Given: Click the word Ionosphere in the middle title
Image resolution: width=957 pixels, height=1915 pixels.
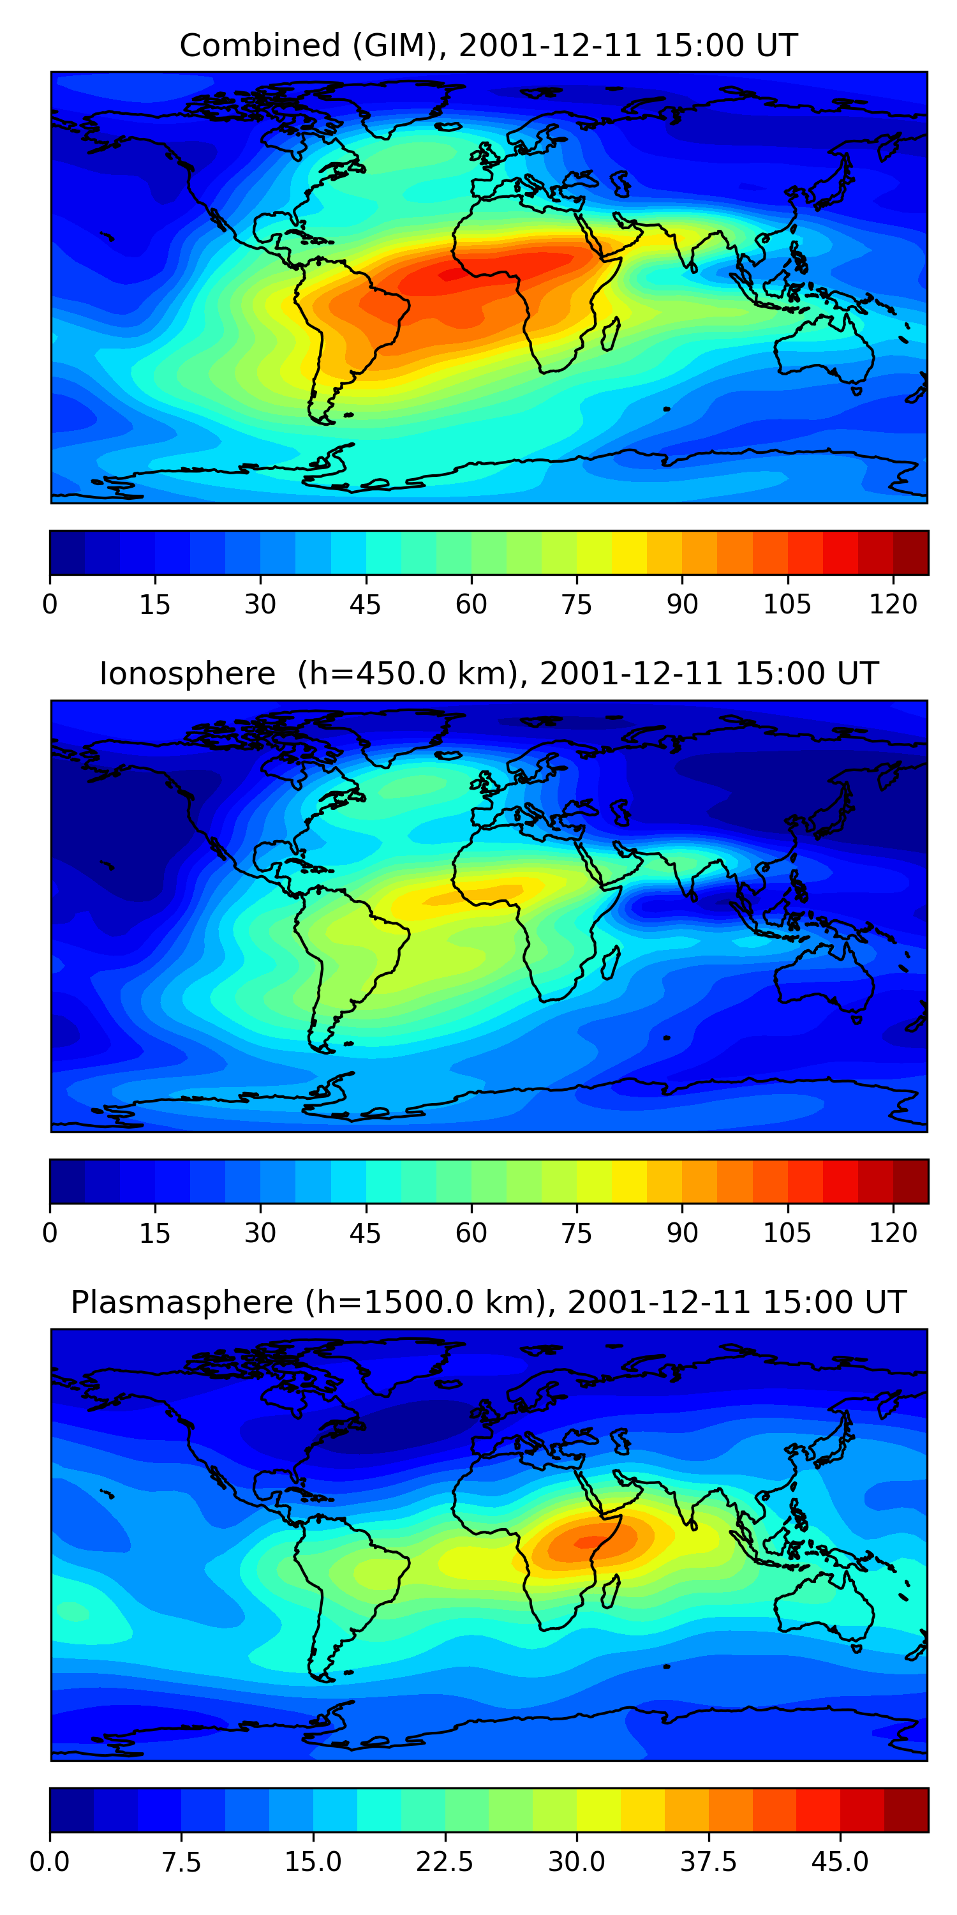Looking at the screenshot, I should point(187,673).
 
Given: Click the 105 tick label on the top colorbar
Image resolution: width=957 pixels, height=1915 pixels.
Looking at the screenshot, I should point(787,605).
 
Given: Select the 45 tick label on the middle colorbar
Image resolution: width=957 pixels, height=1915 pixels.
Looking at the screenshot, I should point(366,1233).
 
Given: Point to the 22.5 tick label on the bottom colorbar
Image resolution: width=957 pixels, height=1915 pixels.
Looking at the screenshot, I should point(444,1861).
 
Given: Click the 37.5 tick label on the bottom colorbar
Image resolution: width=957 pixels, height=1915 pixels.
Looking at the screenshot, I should point(708,1861).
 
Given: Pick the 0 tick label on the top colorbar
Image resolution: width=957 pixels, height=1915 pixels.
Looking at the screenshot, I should point(50,605).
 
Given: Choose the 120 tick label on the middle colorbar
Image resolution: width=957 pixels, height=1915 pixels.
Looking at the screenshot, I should point(893,1233).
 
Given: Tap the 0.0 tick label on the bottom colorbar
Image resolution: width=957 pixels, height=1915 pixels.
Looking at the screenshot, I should point(50,1861).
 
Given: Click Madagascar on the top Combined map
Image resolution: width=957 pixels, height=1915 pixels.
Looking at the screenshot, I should point(611,335).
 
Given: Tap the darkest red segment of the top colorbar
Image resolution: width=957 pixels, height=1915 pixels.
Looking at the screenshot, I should point(911,552).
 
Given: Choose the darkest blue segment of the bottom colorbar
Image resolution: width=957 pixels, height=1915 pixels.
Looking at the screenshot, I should point(71,1810).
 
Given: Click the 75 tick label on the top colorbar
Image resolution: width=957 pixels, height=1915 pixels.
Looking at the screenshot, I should point(577,605).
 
